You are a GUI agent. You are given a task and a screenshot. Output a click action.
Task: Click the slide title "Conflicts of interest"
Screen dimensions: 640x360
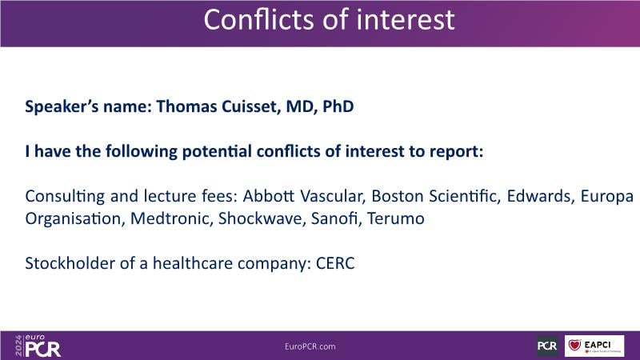click(x=329, y=19)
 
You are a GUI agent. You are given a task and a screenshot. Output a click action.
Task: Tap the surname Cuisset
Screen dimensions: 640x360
click(x=251, y=106)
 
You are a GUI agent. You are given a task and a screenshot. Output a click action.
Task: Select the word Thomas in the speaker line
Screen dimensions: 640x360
click(x=187, y=106)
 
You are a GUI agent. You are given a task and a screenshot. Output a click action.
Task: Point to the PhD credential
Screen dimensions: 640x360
click(x=338, y=106)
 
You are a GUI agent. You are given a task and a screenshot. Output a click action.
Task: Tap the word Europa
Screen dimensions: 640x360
click(x=607, y=196)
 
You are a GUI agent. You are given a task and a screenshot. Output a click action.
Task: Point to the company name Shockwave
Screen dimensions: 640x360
click(x=262, y=218)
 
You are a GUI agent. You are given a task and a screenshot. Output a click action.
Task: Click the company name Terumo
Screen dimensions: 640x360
click(x=395, y=218)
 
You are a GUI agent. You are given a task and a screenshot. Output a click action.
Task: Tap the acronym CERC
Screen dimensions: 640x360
click(x=335, y=263)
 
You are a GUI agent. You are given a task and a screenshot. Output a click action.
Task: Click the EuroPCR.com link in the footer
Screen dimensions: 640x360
click(x=310, y=346)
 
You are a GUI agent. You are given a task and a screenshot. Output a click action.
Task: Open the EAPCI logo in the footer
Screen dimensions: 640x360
click(x=594, y=346)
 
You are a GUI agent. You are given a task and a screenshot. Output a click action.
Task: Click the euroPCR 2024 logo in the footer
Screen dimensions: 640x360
click(x=38, y=346)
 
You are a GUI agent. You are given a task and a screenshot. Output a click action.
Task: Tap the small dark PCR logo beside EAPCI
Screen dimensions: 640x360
click(x=547, y=346)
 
